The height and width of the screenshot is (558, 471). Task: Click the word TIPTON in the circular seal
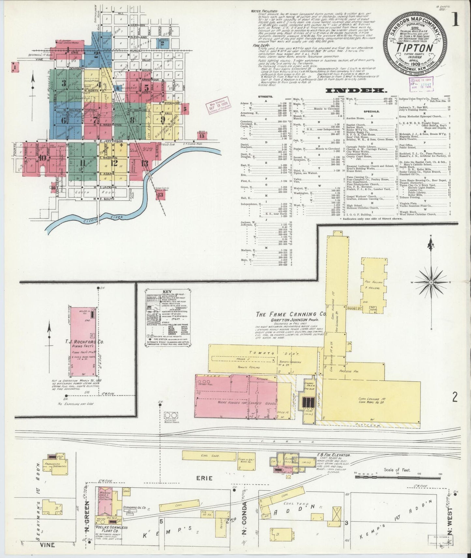[415, 48]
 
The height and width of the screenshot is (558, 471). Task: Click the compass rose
[431, 282]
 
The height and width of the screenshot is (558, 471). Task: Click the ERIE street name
[204, 478]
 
